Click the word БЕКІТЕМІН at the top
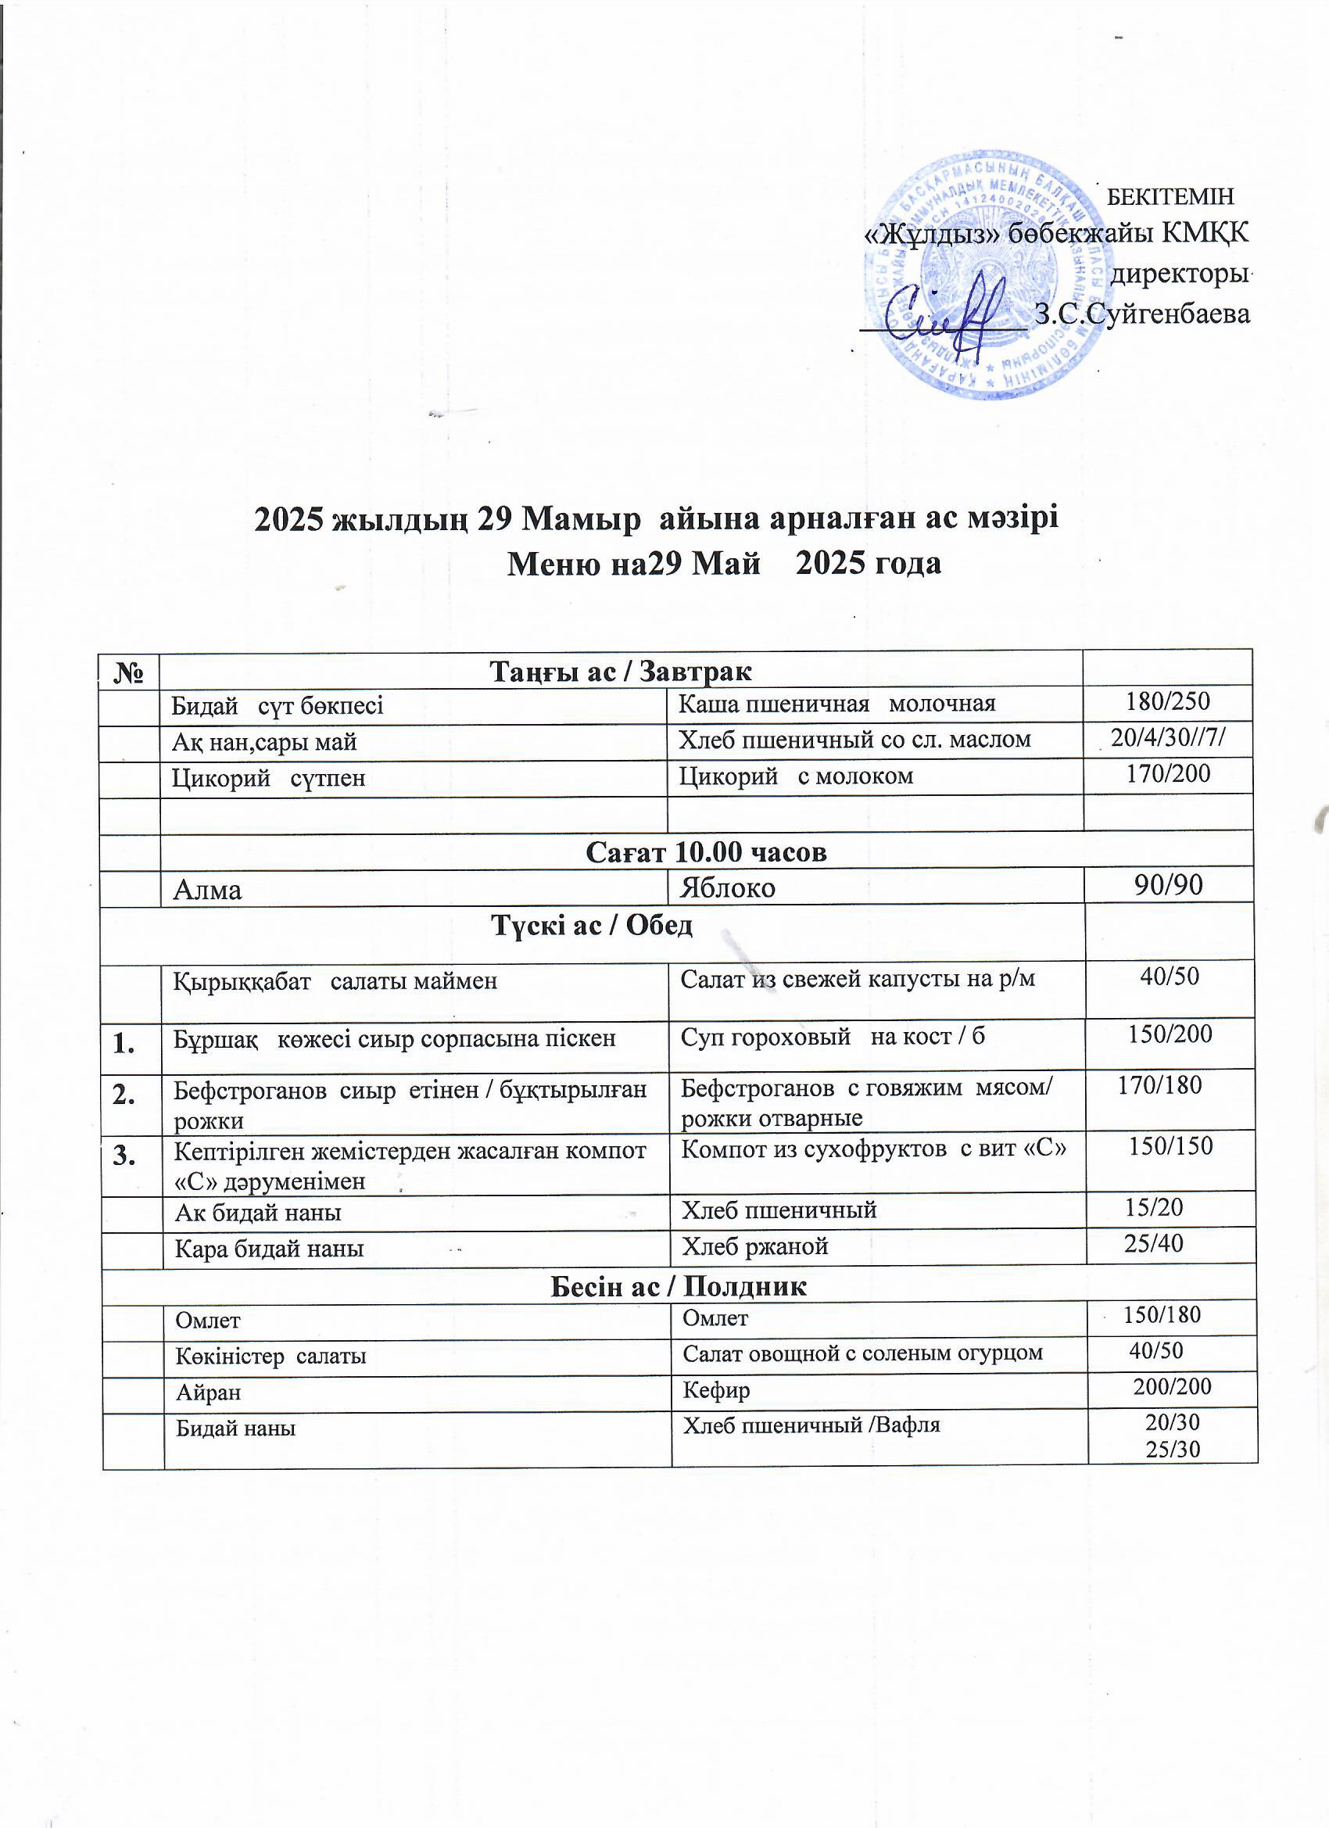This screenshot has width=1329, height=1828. (x=1170, y=195)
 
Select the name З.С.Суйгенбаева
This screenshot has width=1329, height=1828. (x=1142, y=314)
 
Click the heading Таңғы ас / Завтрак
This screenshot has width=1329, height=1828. (x=622, y=671)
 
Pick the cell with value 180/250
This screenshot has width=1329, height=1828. (x=1168, y=701)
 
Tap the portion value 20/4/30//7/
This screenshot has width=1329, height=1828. (x=1169, y=737)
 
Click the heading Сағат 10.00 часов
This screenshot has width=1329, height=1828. (x=706, y=852)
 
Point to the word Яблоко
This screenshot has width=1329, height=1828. (x=728, y=888)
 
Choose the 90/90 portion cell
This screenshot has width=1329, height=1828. (x=1168, y=886)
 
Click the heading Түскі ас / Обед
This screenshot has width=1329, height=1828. (x=593, y=926)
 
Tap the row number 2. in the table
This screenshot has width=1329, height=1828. (x=125, y=1094)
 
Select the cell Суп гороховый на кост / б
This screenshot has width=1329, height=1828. (x=833, y=1036)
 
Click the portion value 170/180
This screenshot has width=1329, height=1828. (x=1160, y=1086)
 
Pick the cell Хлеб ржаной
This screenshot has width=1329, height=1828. (x=755, y=1247)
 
